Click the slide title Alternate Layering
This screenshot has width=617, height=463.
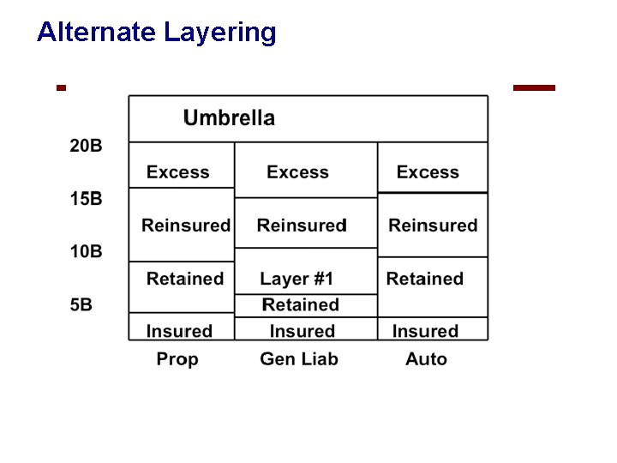(156, 33)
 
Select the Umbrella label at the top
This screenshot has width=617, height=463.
(229, 118)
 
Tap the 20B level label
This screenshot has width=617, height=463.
(86, 146)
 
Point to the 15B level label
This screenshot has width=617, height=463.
(86, 199)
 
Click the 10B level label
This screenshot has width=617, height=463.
(86, 251)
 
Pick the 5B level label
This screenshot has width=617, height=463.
(81, 304)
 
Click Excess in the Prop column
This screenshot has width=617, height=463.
(177, 172)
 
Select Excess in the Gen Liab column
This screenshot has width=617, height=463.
(297, 172)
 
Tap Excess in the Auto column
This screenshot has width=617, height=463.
(428, 172)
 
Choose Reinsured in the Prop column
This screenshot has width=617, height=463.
(185, 225)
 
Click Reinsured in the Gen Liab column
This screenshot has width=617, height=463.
(302, 225)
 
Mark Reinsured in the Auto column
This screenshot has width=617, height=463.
(433, 225)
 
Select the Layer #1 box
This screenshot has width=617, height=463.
(297, 279)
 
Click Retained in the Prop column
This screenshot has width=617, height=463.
(184, 279)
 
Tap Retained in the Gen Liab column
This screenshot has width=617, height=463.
(300, 305)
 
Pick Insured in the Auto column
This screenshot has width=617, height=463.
(425, 331)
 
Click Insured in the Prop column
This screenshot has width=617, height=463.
(179, 331)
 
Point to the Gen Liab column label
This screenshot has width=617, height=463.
(299, 359)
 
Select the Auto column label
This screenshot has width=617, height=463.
(426, 359)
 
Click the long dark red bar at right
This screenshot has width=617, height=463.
(534, 87)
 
